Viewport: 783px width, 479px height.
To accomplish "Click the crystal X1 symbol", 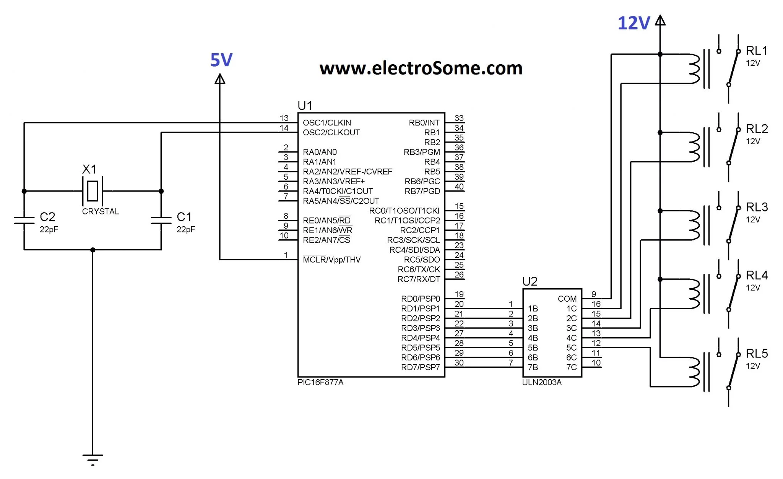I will tap(93, 191).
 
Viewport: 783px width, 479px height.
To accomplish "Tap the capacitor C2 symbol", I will tap(24, 220).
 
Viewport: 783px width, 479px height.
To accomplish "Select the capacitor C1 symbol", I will tap(161, 220).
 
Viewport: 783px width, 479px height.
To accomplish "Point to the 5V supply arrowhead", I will tap(220, 79).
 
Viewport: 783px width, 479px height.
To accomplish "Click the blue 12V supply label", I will tap(634, 23).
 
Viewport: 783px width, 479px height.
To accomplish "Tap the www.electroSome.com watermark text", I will tap(421, 68).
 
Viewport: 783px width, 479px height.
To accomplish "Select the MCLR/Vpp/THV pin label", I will tap(331, 260).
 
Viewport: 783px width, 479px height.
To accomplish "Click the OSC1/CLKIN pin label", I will tap(327, 123).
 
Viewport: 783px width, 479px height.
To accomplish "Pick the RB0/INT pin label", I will tap(424, 123).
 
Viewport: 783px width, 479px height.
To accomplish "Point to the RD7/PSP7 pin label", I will tap(420, 367).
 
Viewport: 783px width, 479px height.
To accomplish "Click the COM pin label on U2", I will tap(567, 299).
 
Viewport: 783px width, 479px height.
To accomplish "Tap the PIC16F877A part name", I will tap(320, 383).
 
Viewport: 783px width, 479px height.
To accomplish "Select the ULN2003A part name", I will tap(542, 383).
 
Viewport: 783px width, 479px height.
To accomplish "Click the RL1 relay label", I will tap(757, 51).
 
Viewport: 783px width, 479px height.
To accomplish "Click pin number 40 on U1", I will tap(459, 187).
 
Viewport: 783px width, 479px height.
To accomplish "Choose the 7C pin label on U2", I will tap(571, 367).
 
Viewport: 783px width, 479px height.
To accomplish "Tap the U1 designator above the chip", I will tap(305, 106).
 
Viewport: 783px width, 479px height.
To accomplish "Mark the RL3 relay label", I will tap(757, 207).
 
